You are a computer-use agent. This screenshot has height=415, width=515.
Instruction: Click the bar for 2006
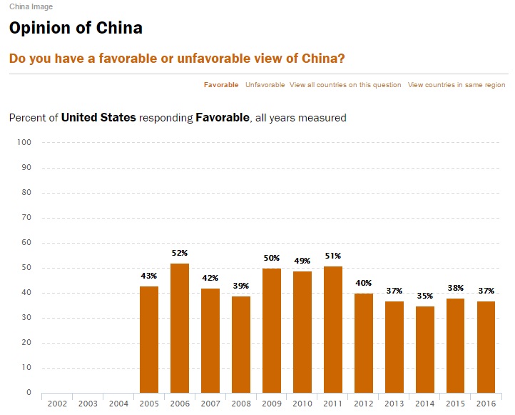click(180, 328)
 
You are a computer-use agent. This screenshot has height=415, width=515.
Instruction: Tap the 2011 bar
click(333, 329)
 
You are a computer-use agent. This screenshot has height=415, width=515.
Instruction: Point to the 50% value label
click(272, 258)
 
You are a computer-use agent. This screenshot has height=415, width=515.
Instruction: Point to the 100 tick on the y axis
click(24, 143)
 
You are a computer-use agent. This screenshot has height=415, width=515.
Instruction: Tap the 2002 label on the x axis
click(57, 404)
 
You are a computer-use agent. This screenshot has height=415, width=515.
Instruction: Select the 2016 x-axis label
click(486, 404)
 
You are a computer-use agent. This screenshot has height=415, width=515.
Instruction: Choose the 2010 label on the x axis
click(302, 404)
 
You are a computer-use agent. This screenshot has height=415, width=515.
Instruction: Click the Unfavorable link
click(265, 85)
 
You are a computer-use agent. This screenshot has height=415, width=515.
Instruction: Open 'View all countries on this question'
click(345, 85)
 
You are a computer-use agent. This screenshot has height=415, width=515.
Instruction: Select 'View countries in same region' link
click(457, 85)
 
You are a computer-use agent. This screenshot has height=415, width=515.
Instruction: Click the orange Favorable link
click(221, 85)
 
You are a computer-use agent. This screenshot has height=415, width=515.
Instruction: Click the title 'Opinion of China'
click(76, 29)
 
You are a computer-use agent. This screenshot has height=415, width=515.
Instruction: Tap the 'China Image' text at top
click(31, 7)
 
